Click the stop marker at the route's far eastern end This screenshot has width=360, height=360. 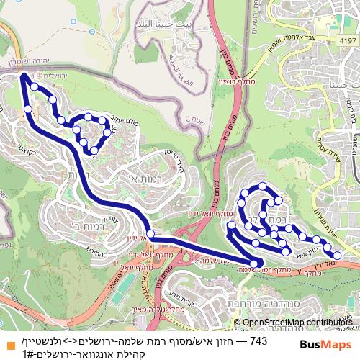point(337,254)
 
